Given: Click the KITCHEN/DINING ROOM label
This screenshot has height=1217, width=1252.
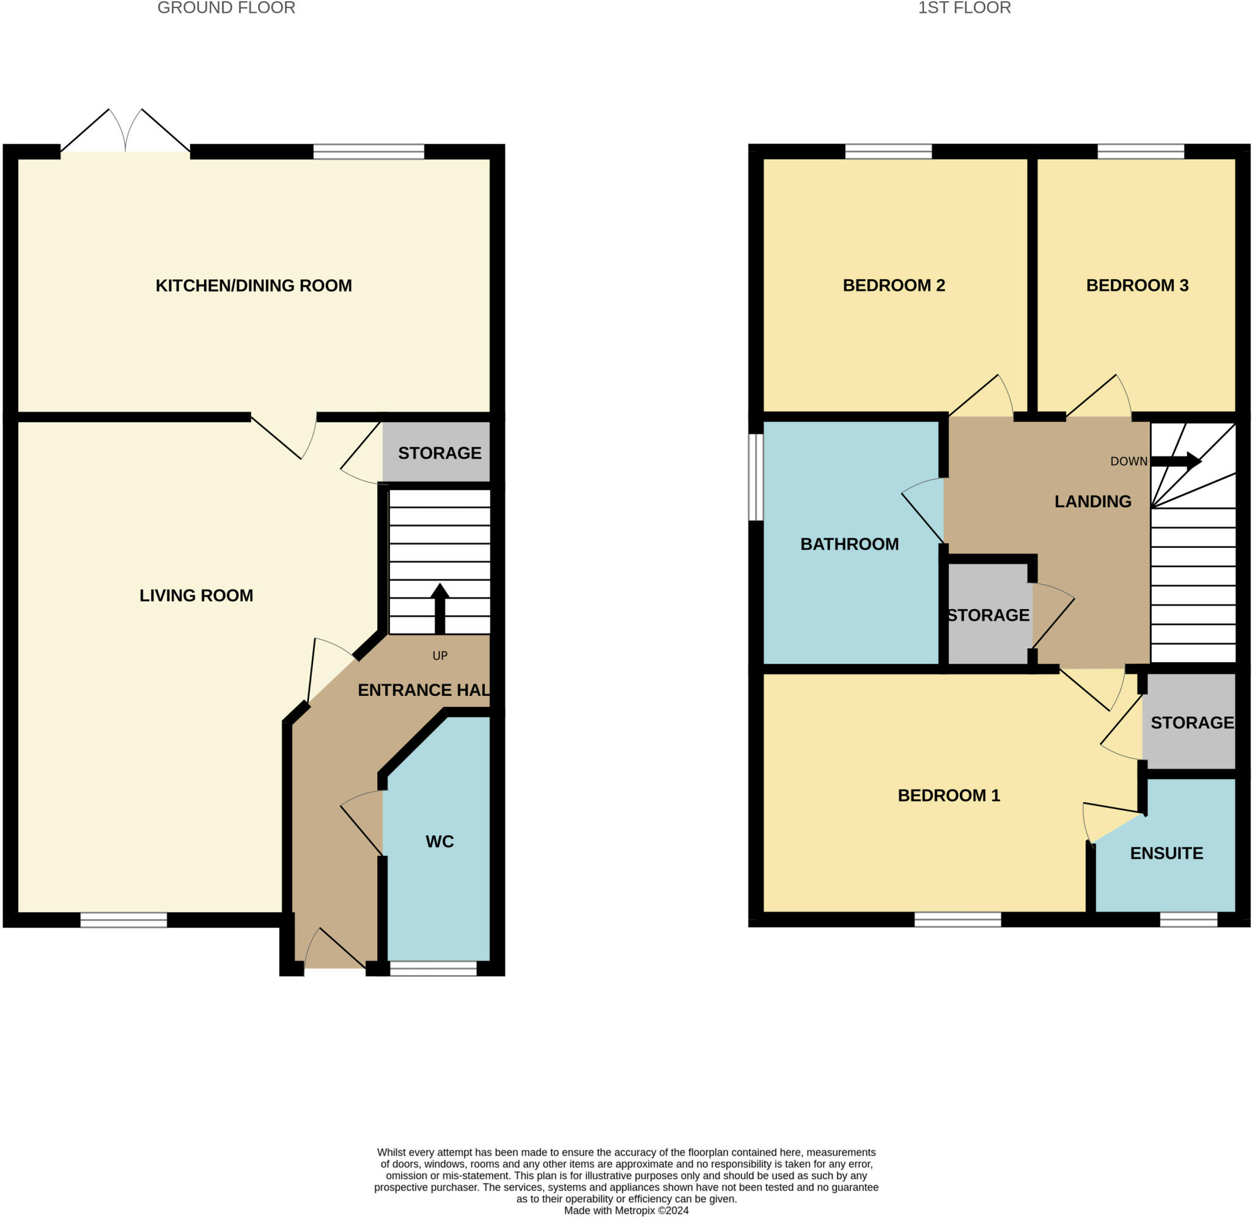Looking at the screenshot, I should point(253,285).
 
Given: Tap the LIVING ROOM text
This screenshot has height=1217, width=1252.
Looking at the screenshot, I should point(196,595).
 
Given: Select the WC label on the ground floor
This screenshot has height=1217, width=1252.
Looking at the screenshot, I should point(440,841).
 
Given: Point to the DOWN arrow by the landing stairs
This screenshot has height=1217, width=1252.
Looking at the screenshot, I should point(1175,461).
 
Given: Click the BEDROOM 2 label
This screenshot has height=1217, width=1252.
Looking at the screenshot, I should point(893,285).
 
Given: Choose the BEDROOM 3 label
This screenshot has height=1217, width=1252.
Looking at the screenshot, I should point(1137,285).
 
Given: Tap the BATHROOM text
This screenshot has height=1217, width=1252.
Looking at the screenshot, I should point(849,544).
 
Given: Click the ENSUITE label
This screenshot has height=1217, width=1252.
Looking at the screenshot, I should point(1166,853).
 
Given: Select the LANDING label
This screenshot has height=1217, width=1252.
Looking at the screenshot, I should point(1092,501).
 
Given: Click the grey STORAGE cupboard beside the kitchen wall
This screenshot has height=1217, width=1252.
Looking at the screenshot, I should point(440,453).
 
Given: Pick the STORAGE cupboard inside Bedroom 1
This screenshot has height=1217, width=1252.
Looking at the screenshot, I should point(1191,722).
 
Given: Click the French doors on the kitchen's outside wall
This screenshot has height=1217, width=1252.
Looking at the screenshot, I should point(125,134).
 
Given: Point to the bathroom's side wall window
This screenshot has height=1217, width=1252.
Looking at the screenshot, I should point(756,477).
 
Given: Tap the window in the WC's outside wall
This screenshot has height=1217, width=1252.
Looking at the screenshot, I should point(433,968).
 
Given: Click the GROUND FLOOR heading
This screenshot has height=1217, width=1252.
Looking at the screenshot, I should point(226,9).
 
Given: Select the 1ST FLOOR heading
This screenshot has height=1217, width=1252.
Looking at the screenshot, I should point(964,9).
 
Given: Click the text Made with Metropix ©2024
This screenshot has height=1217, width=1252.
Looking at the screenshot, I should point(626,1210).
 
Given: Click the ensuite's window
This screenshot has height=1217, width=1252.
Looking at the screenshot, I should point(1188,919).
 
